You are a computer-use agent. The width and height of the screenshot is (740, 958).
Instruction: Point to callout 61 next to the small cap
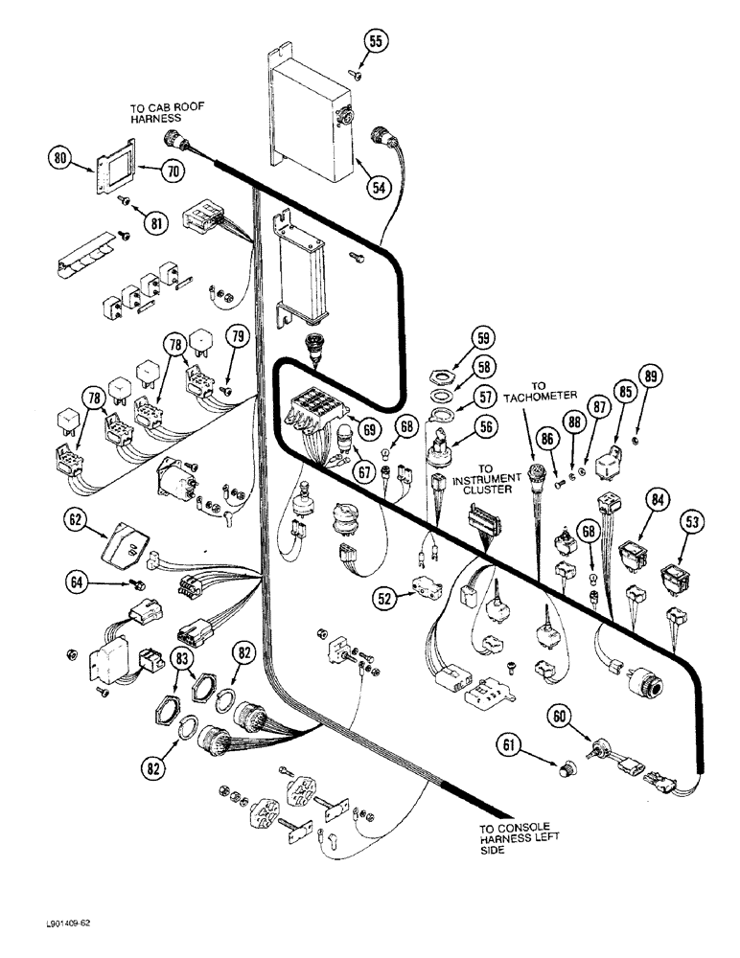point(509,744)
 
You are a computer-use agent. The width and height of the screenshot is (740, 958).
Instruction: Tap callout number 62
point(78,523)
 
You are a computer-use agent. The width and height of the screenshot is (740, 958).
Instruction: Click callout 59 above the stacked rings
point(483,337)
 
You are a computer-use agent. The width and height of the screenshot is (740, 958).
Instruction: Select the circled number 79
point(235,336)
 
